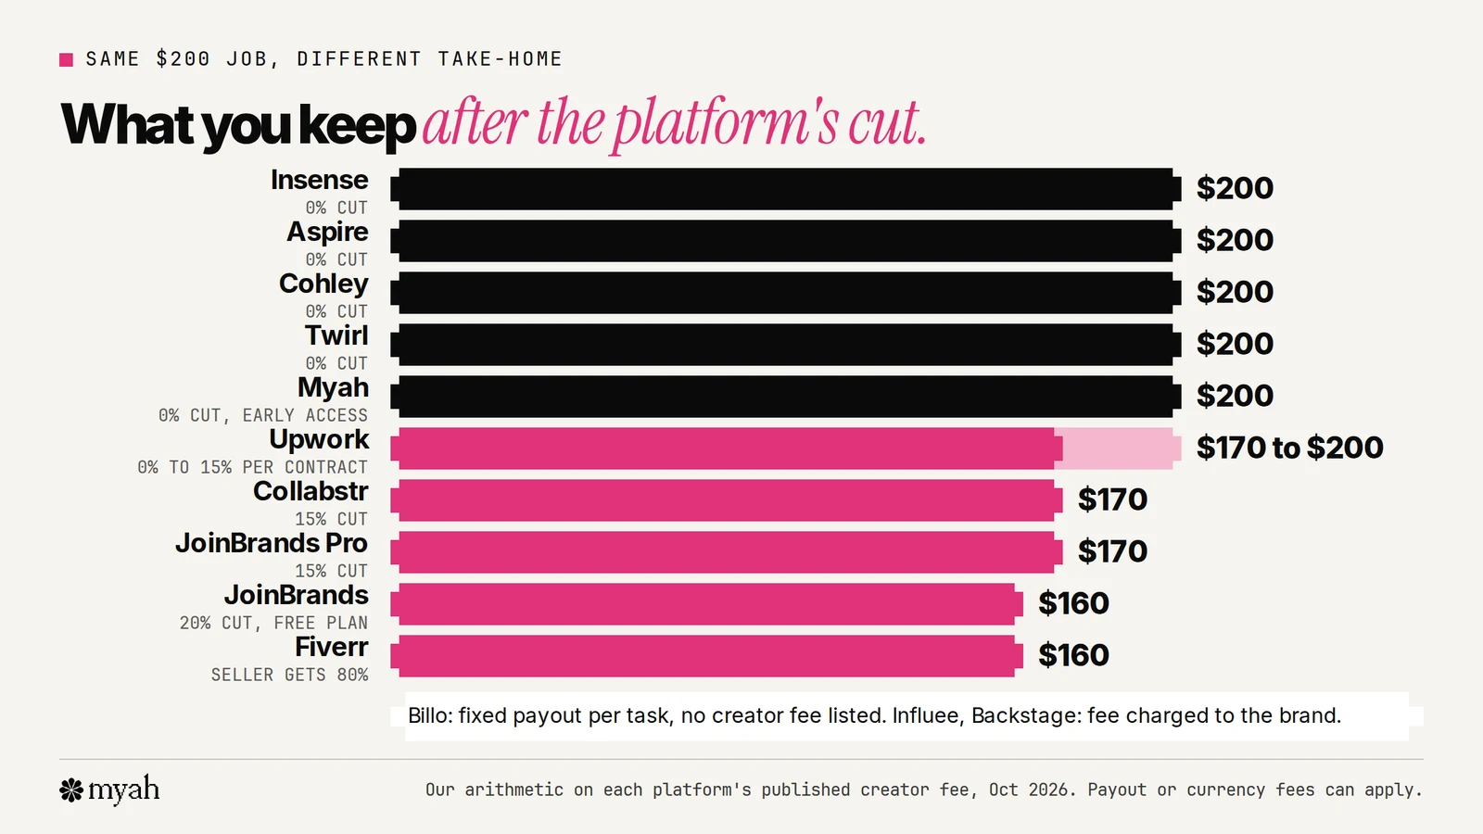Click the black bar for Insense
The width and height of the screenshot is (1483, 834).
(786, 189)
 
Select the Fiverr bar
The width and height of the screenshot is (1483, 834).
(706, 656)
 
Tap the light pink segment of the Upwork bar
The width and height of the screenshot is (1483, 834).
(1118, 449)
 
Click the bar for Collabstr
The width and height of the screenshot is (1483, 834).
(727, 500)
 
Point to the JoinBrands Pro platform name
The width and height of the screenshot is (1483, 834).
(272, 543)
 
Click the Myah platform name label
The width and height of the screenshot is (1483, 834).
(333, 388)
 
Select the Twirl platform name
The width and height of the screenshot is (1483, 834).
(336, 335)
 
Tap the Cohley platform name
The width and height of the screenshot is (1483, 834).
(323, 284)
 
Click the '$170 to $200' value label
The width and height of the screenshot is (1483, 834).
(1289, 448)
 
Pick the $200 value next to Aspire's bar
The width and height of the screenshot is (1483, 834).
(1235, 240)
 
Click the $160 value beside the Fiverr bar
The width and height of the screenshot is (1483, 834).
(1073, 655)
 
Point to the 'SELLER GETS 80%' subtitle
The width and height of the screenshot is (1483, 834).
(289, 676)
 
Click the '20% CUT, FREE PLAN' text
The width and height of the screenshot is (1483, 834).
(273, 624)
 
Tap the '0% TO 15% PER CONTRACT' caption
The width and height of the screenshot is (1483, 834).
(252, 467)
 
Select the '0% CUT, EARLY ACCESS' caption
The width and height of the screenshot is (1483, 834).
(263, 416)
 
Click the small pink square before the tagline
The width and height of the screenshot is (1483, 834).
(66, 60)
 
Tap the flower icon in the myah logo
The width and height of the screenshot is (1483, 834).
(71, 790)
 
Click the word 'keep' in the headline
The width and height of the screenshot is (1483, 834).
(358, 126)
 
